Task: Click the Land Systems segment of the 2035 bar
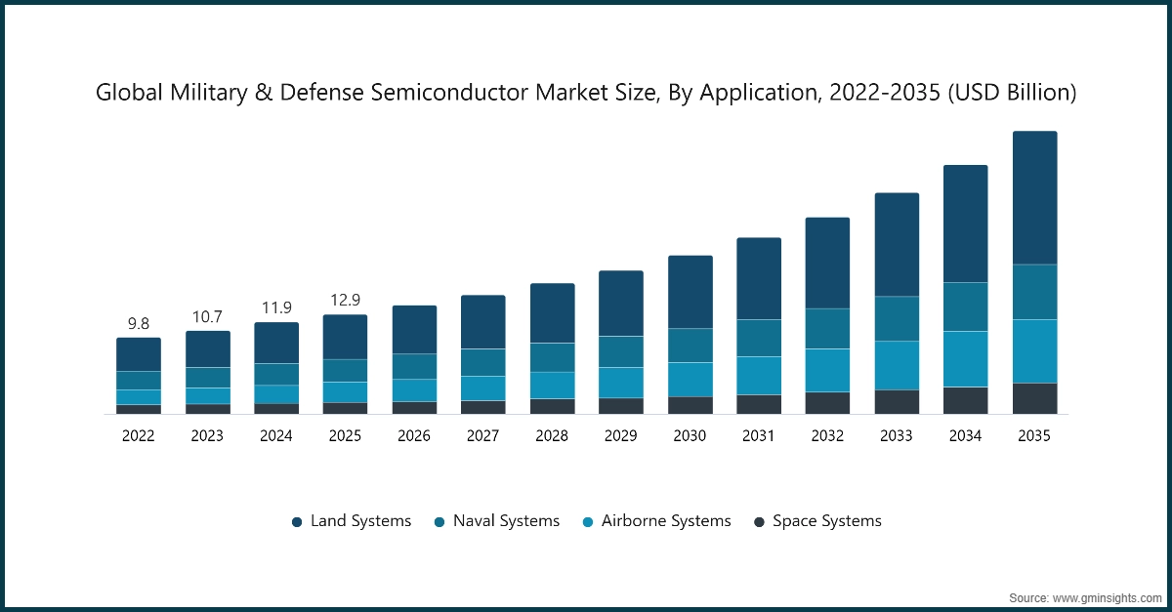[x=1034, y=198]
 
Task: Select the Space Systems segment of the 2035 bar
[x=1034, y=398]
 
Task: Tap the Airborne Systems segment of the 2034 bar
[x=965, y=359]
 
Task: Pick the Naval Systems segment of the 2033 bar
[x=897, y=318]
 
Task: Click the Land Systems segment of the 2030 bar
[x=690, y=292]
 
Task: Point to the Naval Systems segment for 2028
[x=552, y=357]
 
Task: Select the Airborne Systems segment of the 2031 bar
[x=759, y=376]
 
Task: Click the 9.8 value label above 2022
[x=139, y=323]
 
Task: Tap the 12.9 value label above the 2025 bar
[x=345, y=300]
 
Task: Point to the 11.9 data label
[x=276, y=307]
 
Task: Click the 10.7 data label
[x=207, y=316]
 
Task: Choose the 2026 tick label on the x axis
[x=414, y=436]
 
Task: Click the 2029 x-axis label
[x=620, y=436]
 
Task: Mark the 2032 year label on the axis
[x=827, y=436]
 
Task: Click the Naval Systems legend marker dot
[x=439, y=522]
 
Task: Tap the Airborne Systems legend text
[x=666, y=521]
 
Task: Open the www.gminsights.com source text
[x=1106, y=596]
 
